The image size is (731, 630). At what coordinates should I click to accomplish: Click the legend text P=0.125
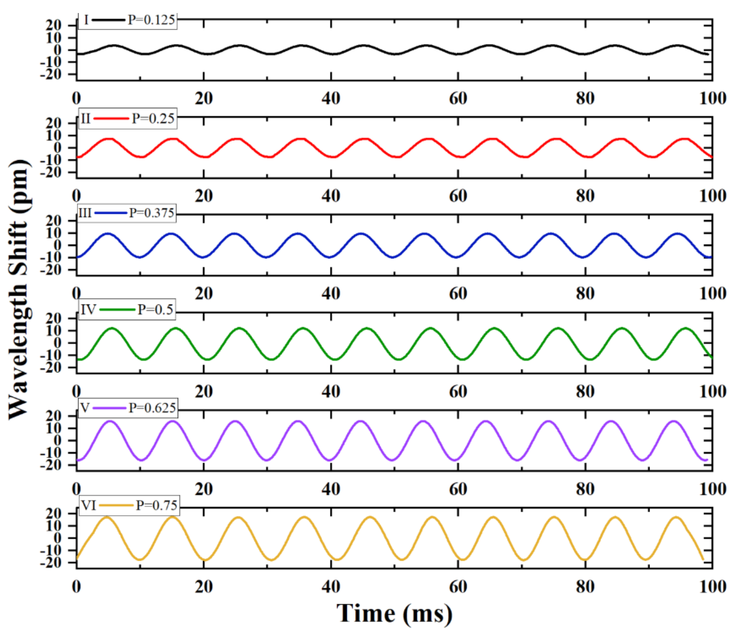[x=151, y=20]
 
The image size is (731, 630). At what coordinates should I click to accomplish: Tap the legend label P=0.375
[x=151, y=213]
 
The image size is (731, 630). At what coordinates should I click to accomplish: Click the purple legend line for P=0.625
[x=110, y=408]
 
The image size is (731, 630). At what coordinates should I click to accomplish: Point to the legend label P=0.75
[x=157, y=506]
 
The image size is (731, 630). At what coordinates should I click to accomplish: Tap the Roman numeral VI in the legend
[x=89, y=506]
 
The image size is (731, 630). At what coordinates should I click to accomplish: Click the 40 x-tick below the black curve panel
[x=331, y=98]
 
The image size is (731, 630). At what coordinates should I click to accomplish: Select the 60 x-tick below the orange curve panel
[x=458, y=587]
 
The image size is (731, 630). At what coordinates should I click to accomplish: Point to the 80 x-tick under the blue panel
[x=585, y=293]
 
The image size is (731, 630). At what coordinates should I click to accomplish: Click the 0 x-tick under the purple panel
[x=76, y=489]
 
